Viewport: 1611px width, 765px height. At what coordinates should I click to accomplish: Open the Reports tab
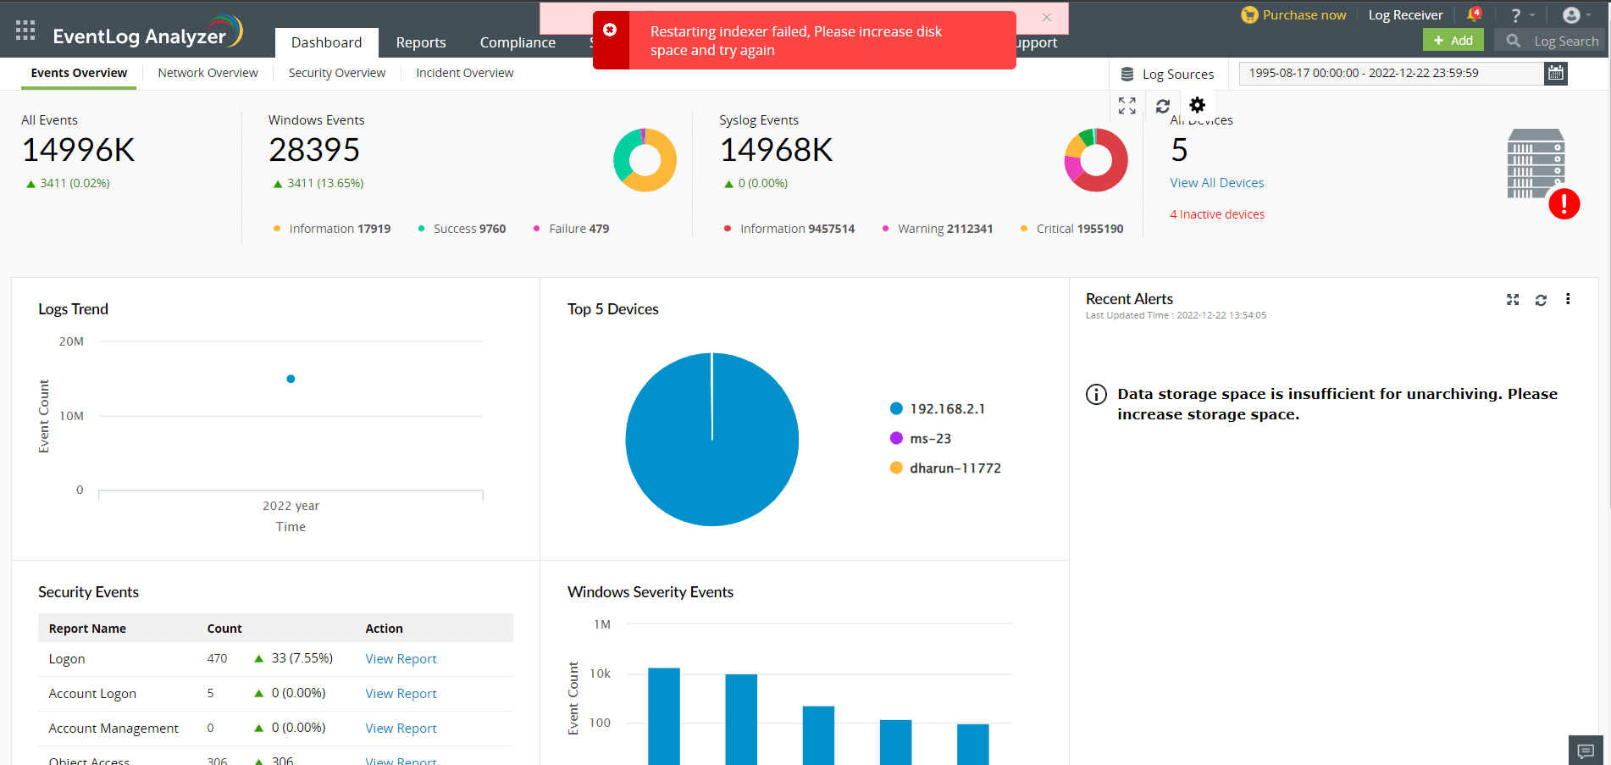coord(420,42)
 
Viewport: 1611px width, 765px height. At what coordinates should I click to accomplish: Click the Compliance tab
coord(517,42)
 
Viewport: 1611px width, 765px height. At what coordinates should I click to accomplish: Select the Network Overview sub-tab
coord(208,73)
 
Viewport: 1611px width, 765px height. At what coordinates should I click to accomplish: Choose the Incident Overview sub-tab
coord(464,73)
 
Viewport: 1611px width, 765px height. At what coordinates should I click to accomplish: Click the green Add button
coord(1453,41)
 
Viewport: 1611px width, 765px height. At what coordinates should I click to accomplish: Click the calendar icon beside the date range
coord(1555,74)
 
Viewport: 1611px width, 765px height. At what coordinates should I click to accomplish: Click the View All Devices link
coord(1216,183)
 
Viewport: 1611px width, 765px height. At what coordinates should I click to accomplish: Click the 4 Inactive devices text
coord(1216,214)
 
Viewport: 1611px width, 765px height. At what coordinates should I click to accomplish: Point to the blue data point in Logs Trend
coord(291,379)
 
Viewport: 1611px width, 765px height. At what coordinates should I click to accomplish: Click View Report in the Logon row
coord(401,659)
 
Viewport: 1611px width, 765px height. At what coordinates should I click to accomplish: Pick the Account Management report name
coord(113,729)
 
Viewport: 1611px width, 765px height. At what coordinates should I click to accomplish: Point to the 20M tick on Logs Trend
coord(71,341)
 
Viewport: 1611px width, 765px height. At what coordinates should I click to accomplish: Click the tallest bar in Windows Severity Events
coord(663,716)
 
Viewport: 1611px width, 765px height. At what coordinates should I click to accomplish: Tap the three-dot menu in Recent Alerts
coord(1568,299)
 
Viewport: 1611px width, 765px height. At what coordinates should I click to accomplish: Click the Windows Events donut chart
coord(645,160)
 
